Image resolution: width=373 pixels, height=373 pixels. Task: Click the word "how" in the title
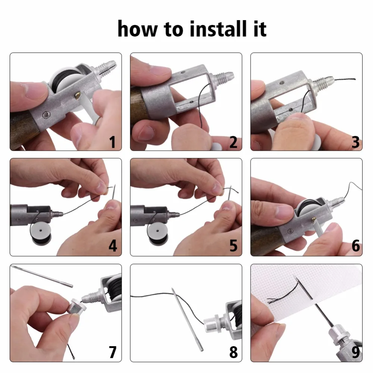point(138,29)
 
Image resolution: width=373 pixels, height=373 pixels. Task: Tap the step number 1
point(113,142)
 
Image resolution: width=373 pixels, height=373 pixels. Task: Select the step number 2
point(233,142)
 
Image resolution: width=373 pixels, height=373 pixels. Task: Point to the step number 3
point(355,142)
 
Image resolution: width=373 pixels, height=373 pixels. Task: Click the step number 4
point(113,246)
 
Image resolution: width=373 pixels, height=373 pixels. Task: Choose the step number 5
point(233,246)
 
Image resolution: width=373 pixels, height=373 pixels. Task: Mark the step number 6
point(355,246)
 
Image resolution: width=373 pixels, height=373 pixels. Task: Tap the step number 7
point(113,352)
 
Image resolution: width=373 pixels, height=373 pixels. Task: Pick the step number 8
point(233,352)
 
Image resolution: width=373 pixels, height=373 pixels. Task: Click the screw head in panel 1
point(46,115)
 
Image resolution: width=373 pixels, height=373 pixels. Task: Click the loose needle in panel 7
point(42,276)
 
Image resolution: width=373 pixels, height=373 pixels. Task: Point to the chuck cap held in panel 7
point(76,306)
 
